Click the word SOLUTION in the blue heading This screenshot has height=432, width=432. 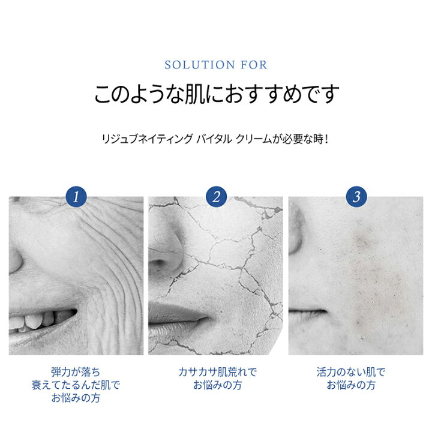click(200, 65)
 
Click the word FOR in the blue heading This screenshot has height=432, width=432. click(254, 65)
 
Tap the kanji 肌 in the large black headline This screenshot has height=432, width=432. click(195, 94)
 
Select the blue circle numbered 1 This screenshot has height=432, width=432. click(76, 197)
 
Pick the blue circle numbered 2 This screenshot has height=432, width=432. click(216, 197)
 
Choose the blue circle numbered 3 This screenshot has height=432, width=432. click(356, 197)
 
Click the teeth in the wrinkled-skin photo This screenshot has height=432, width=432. click(38, 319)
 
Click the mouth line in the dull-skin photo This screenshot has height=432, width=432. click(308, 311)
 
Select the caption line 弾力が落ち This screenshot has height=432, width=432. click(76, 372)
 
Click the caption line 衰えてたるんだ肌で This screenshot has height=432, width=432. click(76, 385)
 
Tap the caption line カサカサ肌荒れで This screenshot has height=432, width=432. click(217, 372)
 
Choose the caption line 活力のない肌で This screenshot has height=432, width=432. click(351, 372)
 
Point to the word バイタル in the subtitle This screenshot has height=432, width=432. click(214, 139)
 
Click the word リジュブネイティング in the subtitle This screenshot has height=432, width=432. click(147, 139)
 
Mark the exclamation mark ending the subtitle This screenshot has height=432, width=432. click(326, 139)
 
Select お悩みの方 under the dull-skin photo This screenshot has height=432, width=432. click(351, 385)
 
